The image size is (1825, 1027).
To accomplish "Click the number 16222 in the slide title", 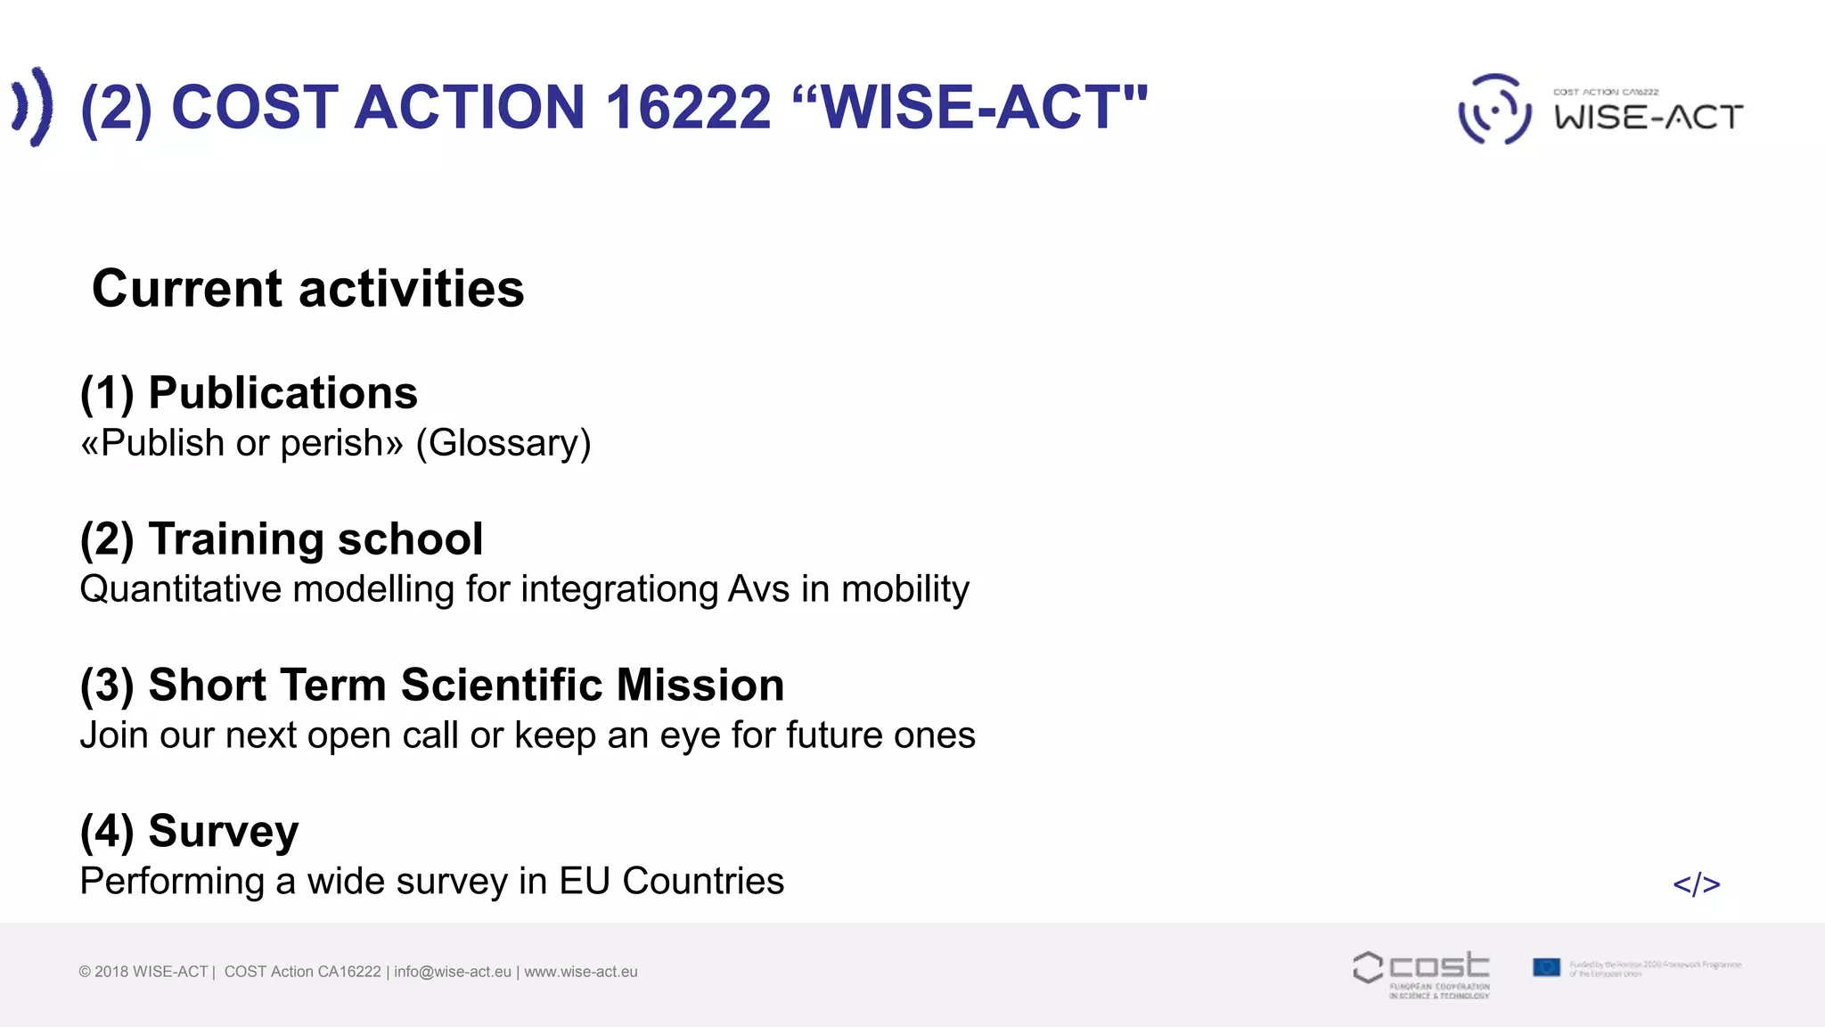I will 687,108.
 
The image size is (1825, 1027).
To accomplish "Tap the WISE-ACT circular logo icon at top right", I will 1494,110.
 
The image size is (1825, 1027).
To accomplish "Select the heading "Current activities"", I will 308,289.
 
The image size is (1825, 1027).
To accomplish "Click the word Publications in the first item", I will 282,393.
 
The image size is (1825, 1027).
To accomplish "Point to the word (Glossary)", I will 503,443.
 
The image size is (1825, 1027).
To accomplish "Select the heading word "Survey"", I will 224,832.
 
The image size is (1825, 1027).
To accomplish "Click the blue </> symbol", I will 1696,884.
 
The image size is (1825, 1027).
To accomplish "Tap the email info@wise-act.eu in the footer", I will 453,972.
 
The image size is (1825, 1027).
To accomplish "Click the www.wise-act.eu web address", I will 581,972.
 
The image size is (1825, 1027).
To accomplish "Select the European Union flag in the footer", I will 1546,967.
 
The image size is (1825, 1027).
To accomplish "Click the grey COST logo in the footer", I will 1421,972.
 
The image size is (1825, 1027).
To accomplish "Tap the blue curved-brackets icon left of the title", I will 33,106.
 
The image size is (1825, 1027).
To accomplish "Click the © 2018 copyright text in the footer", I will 143,972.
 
